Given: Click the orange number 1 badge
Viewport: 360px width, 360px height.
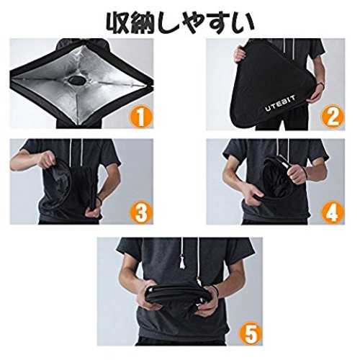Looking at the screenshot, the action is (141, 117).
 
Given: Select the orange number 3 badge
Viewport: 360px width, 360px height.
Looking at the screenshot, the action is (141, 212).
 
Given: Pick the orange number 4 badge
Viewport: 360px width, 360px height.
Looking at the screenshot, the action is (333, 212).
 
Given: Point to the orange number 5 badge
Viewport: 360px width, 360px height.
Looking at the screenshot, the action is (251, 333).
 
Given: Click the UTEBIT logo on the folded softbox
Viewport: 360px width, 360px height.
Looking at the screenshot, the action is (280, 103).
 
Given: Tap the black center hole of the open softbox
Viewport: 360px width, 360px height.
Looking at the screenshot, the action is (76, 80).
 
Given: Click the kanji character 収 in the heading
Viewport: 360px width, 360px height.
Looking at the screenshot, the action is (119, 22).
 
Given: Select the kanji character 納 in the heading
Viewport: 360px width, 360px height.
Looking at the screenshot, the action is (144, 22).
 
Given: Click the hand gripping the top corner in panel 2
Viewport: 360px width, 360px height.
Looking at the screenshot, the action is (240, 54).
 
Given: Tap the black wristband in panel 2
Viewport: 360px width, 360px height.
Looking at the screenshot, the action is (320, 84).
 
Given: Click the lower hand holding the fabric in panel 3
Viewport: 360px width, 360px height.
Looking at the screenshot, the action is (93, 211).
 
